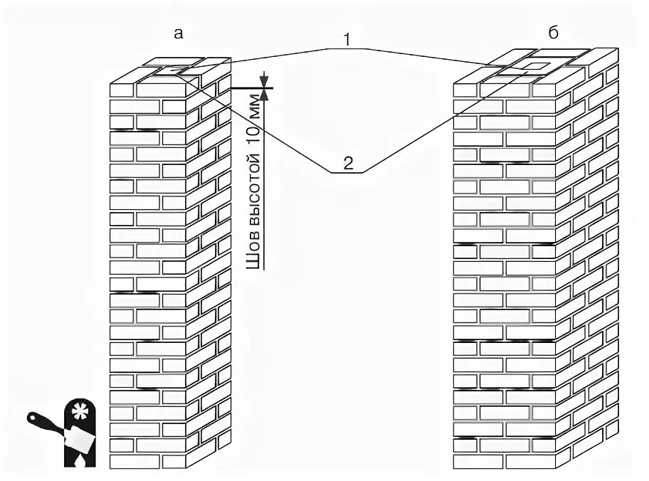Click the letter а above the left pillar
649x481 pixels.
(179, 33)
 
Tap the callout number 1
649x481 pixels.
(347, 41)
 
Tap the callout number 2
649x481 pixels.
(348, 163)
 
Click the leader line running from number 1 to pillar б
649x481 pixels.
(427, 56)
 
